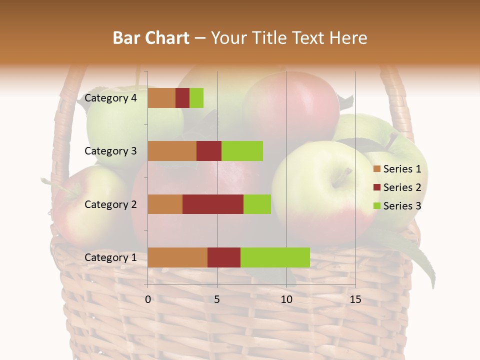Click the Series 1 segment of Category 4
[x=161, y=98]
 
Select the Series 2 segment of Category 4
[x=182, y=98]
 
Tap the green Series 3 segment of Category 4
[x=196, y=98]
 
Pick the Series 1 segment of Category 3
[x=172, y=151]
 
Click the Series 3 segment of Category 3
[x=242, y=151]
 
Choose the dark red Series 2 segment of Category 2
[x=213, y=204]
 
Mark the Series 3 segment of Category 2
[x=257, y=204]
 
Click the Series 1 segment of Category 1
[x=177, y=257]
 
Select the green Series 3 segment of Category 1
[x=275, y=257]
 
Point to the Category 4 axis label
[x=110, y=98]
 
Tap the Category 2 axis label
[x=110, y=204]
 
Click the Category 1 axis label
[x=110, y=257]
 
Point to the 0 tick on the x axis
[x=148, y=300]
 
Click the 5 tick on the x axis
[x=217, y=300]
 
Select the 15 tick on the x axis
[x=355, y=300]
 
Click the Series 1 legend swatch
[x=377, y=169]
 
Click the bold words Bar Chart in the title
[x=151, y=38]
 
